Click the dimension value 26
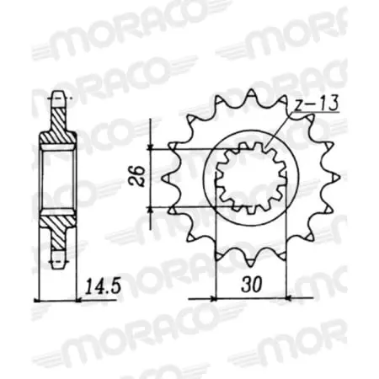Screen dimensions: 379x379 (136, 176)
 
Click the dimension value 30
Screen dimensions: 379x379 (252, 285)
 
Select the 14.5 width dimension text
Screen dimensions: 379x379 (103, 286)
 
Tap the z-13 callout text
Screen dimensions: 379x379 (317, 104)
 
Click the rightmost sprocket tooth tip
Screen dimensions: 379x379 (339, 178)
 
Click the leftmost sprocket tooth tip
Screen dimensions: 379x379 (163, 178)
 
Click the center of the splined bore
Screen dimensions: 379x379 (252, 178)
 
